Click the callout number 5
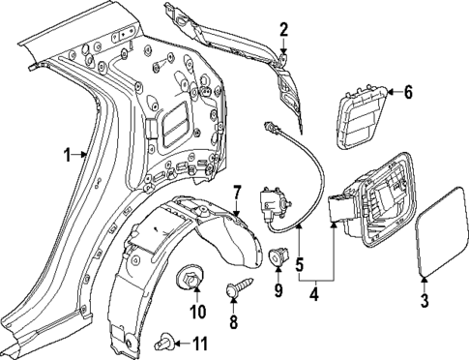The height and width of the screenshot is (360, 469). tap(299, 261)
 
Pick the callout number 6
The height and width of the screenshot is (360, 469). tap(407, 93)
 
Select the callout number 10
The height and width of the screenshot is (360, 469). tap(197, 312)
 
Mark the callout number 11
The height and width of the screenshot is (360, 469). tap(200, 344)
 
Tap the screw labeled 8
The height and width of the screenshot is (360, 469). tap(236, 287)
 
